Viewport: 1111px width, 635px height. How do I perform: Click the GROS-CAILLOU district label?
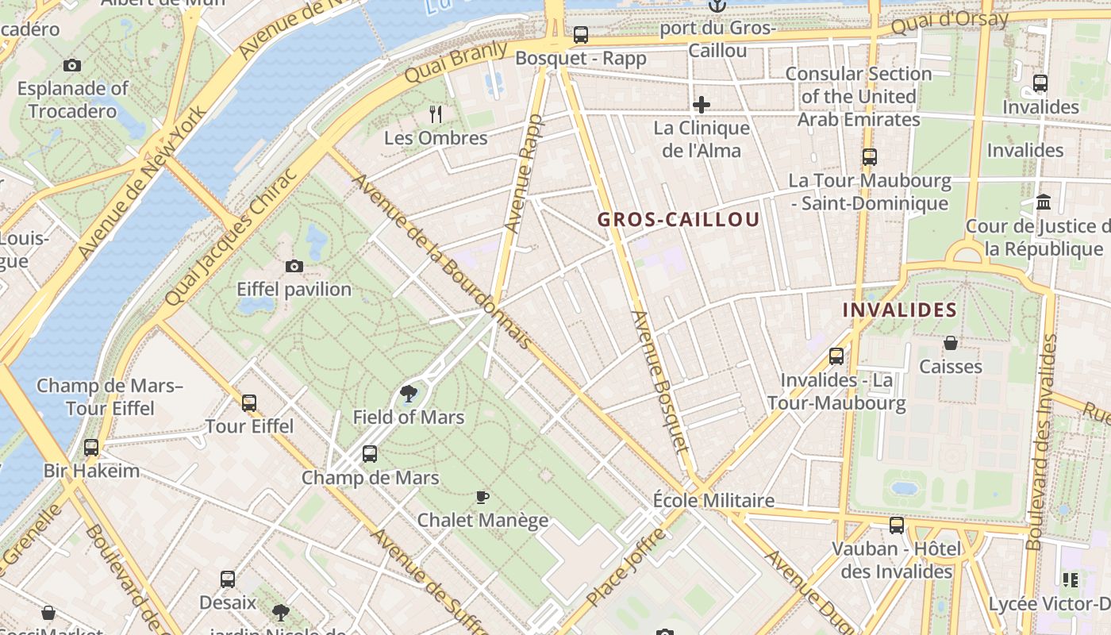(679, 220)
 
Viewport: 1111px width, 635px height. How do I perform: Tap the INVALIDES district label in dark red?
(899, 310)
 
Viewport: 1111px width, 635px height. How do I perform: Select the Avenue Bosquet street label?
(659, 381)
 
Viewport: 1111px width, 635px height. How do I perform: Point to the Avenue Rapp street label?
(524, 174)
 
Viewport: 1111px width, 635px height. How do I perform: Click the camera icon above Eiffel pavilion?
(294, 266)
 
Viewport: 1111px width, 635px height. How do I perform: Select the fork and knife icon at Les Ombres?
(435, 114)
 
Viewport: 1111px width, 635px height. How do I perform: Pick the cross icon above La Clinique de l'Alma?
(702, 104)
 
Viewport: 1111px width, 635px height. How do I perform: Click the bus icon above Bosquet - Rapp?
(581, 35)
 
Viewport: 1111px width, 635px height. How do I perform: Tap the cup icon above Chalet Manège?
(482, 497)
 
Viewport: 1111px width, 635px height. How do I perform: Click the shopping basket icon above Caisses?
(950, 343)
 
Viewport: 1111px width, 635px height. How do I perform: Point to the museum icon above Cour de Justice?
(1044, 202)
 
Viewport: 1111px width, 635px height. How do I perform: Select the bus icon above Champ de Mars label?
(370, 454)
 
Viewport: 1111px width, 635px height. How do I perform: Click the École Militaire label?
(713, 501)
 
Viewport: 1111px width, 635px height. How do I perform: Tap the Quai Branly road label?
(456, 62)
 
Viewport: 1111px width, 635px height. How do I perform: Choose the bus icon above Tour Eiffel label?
(249, 402)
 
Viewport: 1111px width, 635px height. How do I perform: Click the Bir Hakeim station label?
(91, 471)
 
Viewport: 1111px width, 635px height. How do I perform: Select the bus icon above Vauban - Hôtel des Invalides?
(897, 525)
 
